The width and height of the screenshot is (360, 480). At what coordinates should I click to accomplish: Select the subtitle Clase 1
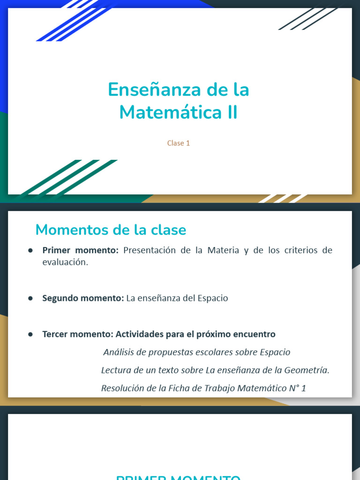click(x=179, y=143)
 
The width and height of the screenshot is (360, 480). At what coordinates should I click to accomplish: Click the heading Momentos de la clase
click(x=111, y=230)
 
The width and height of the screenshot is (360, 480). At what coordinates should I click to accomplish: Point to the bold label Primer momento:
click(x=80, y=250)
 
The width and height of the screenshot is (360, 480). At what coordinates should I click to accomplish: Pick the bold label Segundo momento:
click(x=83, y=298)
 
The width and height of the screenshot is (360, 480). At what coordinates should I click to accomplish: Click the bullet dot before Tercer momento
click(x=30, y=334)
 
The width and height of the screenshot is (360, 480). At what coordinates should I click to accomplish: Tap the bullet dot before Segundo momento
click(x=30, y=298)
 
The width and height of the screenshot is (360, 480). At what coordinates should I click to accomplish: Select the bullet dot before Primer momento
click(x=30, y=250)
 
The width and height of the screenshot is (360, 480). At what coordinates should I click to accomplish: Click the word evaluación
click(x=65, y=262)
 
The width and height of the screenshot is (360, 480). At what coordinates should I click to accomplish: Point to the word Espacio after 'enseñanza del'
click(x=212, y=298)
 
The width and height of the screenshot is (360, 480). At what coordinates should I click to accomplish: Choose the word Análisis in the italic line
click(x=119, y=352)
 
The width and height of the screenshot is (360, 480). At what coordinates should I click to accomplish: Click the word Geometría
click(x=306, y=370)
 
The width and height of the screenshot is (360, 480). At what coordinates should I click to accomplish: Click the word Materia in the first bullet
click(x=221, y=250)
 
